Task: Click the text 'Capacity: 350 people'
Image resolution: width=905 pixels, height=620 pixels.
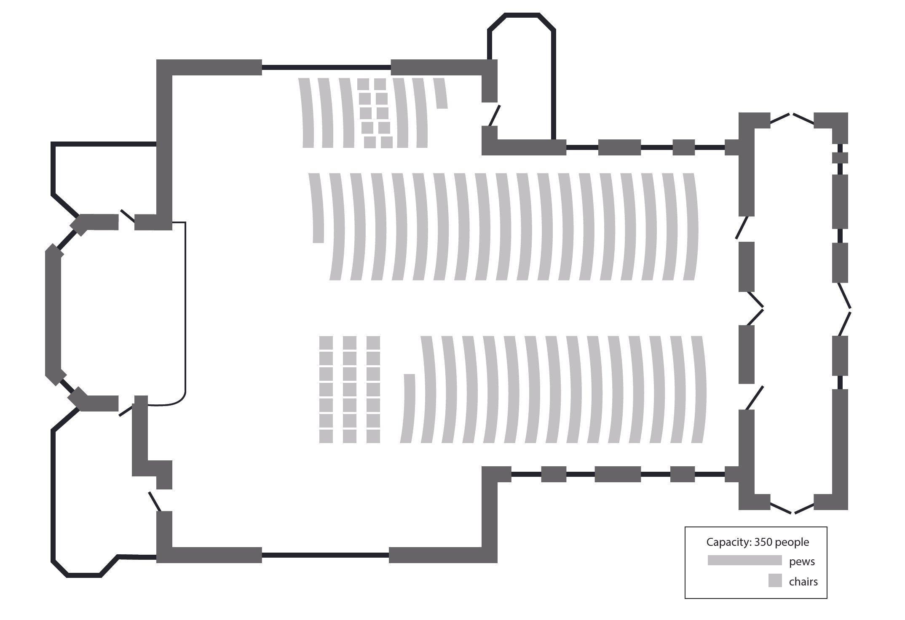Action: click(758, 542)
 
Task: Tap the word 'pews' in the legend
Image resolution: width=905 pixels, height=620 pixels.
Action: click(802, 561)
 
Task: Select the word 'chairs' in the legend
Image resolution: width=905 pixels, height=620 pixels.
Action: click(803, 582)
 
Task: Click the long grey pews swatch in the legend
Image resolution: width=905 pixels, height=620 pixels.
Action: click(744, 560)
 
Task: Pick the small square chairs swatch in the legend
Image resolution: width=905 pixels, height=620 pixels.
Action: click(775, 580)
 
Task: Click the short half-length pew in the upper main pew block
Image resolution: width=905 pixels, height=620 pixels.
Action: click(317, 208)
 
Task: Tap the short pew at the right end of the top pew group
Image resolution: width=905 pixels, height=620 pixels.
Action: click(441, 93)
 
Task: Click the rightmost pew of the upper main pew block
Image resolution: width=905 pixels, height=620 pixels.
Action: click(689, 227)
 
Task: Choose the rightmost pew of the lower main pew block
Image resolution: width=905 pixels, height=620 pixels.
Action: click(699, 390)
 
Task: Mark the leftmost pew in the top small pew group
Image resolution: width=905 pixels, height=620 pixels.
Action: click(307, 113)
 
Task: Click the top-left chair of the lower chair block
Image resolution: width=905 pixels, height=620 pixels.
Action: click(326, 343)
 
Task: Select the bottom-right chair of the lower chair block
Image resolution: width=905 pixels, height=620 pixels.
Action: click(373, 436)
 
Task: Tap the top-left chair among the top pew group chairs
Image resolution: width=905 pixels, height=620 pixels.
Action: click(363, 84)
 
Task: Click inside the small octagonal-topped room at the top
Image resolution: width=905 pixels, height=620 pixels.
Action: click(522, 76)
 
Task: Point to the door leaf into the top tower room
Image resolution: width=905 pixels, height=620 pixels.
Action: click(494, 115)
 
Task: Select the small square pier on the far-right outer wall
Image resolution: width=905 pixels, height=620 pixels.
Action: click(840, 158)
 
